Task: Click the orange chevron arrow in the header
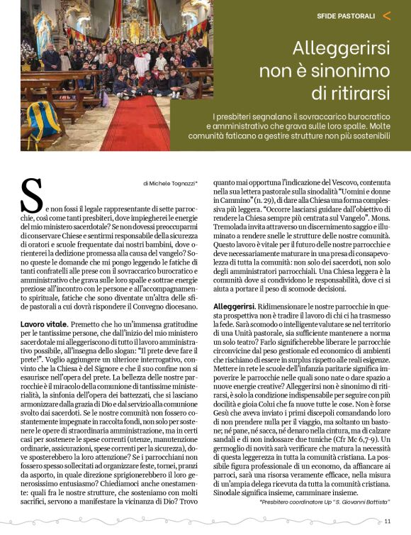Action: coord(386,15)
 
